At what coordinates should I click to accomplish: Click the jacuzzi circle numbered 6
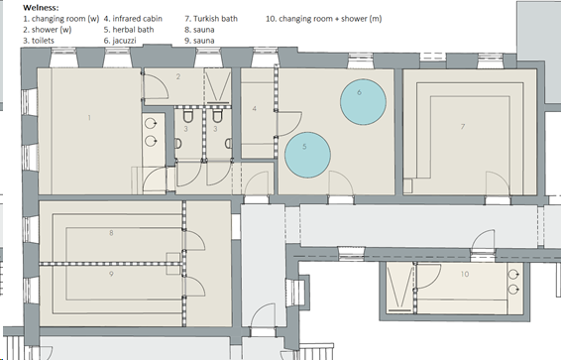click(363, 102)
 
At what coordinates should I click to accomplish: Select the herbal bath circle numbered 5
click(307, 155)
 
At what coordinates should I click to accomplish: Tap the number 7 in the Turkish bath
click(463, 126)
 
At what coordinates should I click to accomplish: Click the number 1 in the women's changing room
click(89, 117)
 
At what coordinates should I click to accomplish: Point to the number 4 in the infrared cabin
click(255, 108)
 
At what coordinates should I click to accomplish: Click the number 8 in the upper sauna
click(111, 233)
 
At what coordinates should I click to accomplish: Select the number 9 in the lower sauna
click(111, 274)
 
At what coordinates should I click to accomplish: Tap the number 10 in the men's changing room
click(465, 274)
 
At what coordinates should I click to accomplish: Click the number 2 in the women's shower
click(178, 76)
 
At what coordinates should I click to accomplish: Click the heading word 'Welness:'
click(41, 8)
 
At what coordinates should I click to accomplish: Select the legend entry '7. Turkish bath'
click(211, 19)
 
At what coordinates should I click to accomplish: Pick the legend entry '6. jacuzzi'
click(120, 41)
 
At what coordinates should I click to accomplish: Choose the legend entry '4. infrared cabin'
click(133, 19)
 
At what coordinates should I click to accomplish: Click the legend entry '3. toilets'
click(39, 41)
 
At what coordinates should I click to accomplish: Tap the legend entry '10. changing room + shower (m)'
click(323, 19)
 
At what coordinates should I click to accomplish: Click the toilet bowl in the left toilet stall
click(188, 116)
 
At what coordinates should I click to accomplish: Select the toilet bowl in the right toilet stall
click(217, 116)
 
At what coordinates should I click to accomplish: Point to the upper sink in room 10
click(513, 275)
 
